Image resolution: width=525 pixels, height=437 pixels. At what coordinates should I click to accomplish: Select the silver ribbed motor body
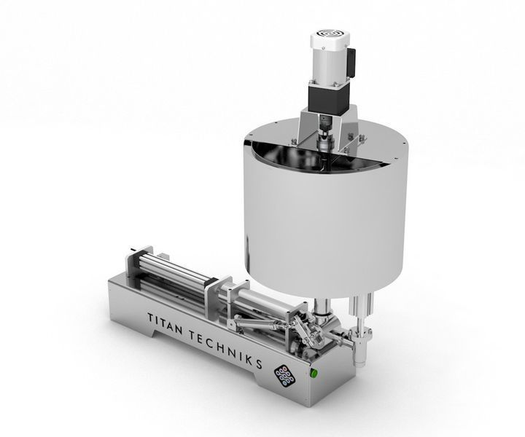pos(330,63)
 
